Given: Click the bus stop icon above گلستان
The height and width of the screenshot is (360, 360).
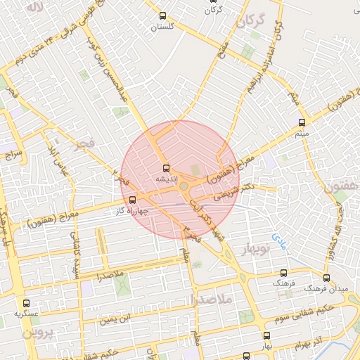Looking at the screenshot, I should click(163, 15).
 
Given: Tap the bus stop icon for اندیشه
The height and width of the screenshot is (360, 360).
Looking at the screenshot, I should click(166, 168).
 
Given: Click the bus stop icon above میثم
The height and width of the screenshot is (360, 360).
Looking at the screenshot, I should click(301, 122).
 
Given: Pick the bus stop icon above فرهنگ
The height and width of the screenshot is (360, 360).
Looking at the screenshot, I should click(284, 273).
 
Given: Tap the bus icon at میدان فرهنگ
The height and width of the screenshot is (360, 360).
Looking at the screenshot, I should click(326, 278).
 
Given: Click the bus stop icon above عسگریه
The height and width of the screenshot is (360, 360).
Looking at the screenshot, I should click(26, 302).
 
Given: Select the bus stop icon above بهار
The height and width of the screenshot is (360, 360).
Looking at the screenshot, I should click(266, 335).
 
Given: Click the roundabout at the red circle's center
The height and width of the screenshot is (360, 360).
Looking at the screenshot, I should click(184, 186).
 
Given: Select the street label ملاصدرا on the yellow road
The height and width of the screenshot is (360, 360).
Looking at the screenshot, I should click(107, 271).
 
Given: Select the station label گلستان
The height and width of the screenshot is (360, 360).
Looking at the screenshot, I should click(163, 26).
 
